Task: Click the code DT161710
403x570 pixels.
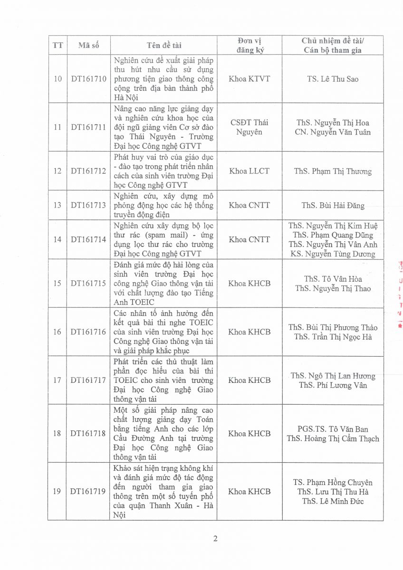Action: tap(88, 79)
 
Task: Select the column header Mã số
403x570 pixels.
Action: tap(88, 46)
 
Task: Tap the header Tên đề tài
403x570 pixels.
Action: tap(164, 46)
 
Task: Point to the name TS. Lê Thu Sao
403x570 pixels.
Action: tap(333, 79)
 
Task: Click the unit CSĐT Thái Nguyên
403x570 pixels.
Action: tap(249, 127)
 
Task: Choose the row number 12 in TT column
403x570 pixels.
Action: tap(58, 171)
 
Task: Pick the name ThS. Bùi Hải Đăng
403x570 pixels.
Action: tap(333, 206)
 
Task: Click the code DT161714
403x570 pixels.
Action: tap(88, 239)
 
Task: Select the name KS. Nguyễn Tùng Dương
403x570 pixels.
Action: tap(333, 254)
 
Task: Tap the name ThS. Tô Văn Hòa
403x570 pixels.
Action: tap(333, 279)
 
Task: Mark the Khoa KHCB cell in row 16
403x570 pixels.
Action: tap(249, 332)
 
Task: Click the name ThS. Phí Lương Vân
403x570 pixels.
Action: tap(333, 385)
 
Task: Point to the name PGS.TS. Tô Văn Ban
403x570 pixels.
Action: tap(333, 428)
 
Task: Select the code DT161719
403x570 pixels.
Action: tap(88, 491)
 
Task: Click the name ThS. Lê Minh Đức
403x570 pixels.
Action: tap(333, 501)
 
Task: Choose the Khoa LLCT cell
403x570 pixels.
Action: tap(249, 171)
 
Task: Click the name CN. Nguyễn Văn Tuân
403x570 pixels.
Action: tap(333, 132)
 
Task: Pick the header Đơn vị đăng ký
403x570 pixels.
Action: tap(249, 46)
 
